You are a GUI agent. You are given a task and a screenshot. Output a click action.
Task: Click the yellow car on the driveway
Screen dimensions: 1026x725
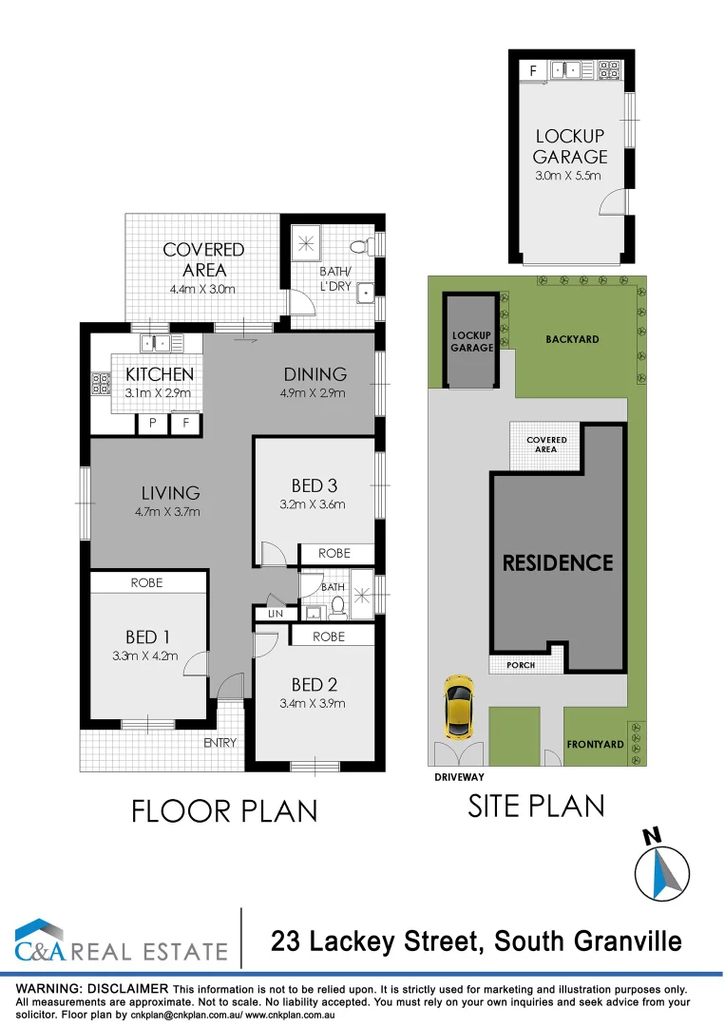click(459, 707)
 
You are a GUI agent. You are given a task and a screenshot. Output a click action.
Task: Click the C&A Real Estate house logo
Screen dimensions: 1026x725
click(40, 940)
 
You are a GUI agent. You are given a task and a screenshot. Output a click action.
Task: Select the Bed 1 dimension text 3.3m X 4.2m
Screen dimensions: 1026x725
click(145, 655)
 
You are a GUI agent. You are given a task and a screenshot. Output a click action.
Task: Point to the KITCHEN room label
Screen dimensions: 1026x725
click(159, 374)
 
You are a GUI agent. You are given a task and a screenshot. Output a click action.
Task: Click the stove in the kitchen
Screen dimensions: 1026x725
click(100, 383)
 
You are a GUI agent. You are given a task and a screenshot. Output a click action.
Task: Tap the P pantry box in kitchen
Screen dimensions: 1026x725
click(151, 424)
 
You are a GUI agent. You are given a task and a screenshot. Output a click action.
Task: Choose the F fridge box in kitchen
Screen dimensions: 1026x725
click(185, 424)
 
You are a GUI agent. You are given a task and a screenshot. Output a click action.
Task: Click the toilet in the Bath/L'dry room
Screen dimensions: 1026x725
click(359, 247)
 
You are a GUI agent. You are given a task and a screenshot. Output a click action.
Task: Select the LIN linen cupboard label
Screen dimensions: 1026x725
click(276, 615)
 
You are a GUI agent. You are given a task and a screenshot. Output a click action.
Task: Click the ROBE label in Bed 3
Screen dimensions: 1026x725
click(334, 553)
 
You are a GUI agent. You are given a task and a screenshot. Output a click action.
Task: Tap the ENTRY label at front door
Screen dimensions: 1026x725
click(220, 743)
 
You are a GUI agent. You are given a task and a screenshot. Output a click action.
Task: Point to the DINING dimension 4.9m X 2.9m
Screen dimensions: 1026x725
click(314, 393)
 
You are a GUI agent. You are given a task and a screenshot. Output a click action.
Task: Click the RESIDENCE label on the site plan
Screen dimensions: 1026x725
click(558, 562)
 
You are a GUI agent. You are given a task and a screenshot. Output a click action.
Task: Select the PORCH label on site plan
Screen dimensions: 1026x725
click(521, 665)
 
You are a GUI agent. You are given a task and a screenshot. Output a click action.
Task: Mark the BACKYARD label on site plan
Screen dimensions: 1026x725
click(572, 339)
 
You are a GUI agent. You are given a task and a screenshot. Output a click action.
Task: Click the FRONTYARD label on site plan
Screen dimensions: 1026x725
click(595, 745)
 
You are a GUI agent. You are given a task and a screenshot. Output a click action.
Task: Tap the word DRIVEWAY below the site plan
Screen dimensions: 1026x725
click(459, 776)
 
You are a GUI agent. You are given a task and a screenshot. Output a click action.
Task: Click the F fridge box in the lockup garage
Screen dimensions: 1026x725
click(532, 69)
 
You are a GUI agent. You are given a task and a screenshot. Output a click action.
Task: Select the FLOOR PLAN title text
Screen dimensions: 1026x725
click(223, 810)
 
